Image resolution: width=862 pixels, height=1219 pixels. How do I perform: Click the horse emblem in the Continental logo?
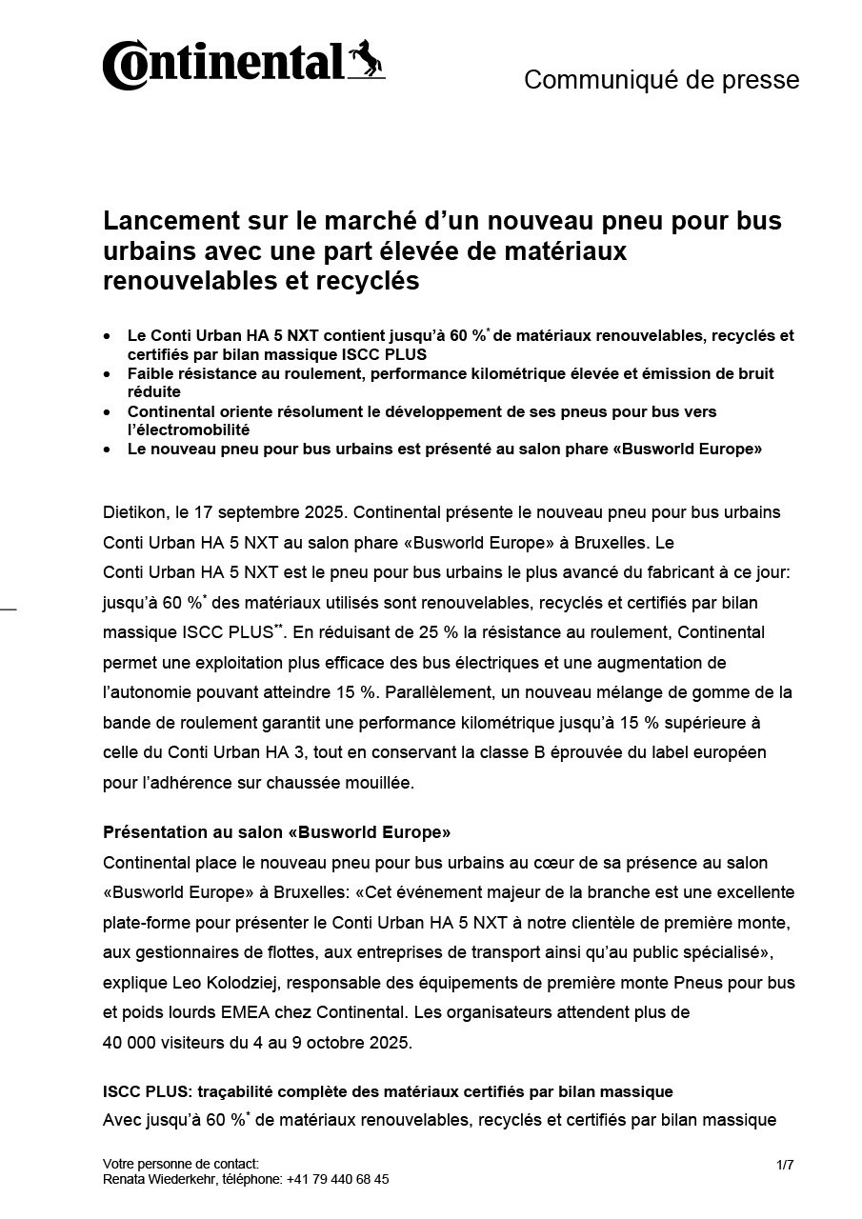point(366,60)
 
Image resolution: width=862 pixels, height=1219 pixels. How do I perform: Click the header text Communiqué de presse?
point(661,80)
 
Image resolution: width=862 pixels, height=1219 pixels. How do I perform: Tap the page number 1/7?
point(785,1164)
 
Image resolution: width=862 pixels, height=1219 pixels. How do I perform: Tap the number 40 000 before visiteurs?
point(129,1043)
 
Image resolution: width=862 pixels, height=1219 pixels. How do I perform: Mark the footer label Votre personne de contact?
point(180,1164)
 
